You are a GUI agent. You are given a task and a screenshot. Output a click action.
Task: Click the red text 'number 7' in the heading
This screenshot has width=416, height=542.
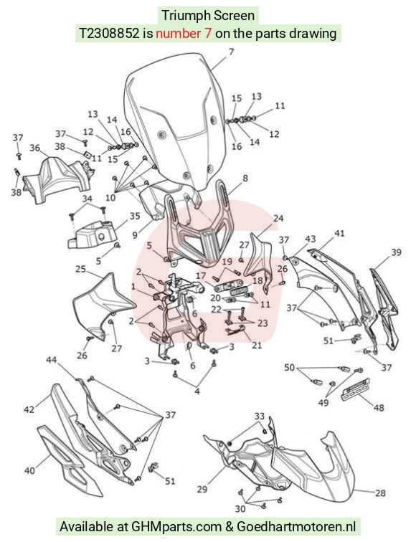click(x=184, y=34)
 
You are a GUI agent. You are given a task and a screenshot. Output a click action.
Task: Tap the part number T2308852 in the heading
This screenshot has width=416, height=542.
click(x=110, y=34)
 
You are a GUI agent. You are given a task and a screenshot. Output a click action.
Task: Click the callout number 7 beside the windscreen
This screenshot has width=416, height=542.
click(x=232, y=52)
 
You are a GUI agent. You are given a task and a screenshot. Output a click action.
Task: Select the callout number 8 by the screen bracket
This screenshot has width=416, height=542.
click(x=245, y=178)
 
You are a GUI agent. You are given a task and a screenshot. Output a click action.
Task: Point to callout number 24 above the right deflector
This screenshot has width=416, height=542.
click(x=278, y=219)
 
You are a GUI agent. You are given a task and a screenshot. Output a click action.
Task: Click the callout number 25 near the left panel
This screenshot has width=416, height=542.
click(x=80, y=269)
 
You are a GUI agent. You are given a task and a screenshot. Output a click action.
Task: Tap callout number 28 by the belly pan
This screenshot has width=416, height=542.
click(x=380, y=493)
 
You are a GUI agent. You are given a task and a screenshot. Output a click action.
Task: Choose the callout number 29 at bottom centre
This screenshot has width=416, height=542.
click(x=202, y=489)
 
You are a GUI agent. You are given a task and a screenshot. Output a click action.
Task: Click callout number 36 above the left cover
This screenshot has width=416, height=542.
click(x=35, y=148)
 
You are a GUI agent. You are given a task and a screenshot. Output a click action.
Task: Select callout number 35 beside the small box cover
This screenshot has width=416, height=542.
click(x=135, y=216)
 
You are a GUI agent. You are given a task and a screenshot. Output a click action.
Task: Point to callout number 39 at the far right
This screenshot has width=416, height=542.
click(x=396, y=252)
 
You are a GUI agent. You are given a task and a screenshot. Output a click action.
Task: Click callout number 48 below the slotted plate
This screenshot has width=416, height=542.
click(x=379, y=408)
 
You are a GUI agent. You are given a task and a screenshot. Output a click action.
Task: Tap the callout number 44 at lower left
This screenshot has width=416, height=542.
click(x=52, y=360)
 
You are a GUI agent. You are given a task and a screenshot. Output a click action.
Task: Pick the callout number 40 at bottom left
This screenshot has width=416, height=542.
click(x=29, y=470)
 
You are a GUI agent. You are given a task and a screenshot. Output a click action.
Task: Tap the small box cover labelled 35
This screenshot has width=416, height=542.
click(x=91, y=235)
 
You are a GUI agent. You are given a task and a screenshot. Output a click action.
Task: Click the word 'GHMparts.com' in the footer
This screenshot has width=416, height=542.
click(x=176, y=527)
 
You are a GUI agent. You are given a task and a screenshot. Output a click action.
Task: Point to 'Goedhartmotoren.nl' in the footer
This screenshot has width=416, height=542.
click(x=296, y=527)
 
